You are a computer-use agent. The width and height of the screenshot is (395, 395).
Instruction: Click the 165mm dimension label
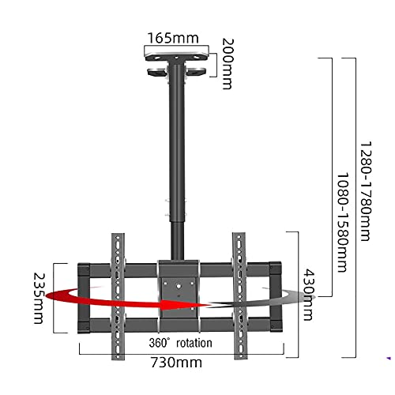tap(173, 38)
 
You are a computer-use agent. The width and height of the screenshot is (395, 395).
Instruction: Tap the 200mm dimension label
tap(228, 64)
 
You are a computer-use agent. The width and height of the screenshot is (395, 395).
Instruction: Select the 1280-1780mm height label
tap(366, 191)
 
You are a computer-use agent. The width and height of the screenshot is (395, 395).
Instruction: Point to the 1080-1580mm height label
tap(343, 222)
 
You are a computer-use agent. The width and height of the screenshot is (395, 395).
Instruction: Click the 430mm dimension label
tap(309, 294)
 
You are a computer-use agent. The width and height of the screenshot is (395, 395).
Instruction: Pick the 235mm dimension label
tap(39, 298)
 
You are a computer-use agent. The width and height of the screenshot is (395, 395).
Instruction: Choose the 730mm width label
tap(176, 363)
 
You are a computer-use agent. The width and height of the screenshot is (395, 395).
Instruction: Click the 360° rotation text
tap(180, 343)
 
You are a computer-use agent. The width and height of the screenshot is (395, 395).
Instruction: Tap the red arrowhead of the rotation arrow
tap(184, 305)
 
